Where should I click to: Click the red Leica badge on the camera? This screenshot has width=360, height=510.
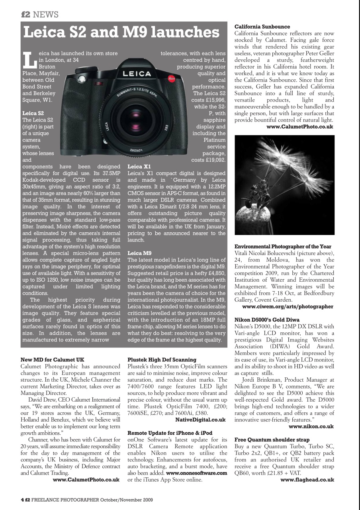pyautogui.click(x=172, y=78)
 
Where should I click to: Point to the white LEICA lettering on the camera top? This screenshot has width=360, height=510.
pyautogui.click(x=137, y=74)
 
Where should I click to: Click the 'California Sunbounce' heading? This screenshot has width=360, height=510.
pyautogui.click(x=262, y=27)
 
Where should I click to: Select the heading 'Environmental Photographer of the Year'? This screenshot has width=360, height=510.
pyautogui.click(x=283, y=247)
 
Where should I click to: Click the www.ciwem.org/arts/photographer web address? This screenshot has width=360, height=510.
pyautogui.click(x=288, y=307)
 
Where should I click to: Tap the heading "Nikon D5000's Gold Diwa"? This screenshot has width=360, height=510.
pyautogui.click(x=267, y=320)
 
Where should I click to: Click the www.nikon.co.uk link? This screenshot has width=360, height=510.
pyautogui.click(x=311, y=426)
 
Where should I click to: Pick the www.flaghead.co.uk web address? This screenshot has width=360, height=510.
pyautogui.click(x=307, y=480)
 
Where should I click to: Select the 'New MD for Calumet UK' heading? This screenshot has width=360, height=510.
pyautogui.click(x=52, y=360)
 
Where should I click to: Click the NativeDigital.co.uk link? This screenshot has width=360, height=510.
pyautogui.click(x=200, y=420)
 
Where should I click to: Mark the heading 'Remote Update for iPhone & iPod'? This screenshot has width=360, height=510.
pyautogui.click(x=170, y=433)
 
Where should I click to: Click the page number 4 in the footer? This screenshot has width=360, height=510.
pyautogui.click(x=22, y=499)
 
